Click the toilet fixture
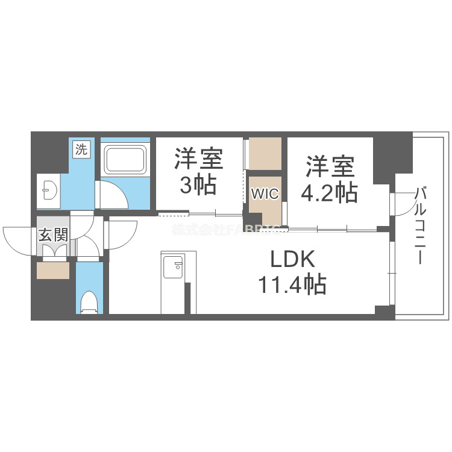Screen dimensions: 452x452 point(89,301)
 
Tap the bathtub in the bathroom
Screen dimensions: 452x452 point(125,159)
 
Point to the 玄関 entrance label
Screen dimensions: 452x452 point(53,234)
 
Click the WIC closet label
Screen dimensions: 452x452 point(265,194)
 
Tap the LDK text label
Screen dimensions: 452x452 point(292,260)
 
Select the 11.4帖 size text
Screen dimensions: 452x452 point(292,283)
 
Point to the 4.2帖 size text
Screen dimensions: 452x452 point(329,192)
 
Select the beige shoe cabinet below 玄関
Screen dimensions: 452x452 point(53,271)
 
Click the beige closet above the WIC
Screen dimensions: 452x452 point(265,153)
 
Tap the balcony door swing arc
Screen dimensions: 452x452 point(401,205)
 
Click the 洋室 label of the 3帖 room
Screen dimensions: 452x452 point(199,159)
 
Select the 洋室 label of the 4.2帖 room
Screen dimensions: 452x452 point(329,166)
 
